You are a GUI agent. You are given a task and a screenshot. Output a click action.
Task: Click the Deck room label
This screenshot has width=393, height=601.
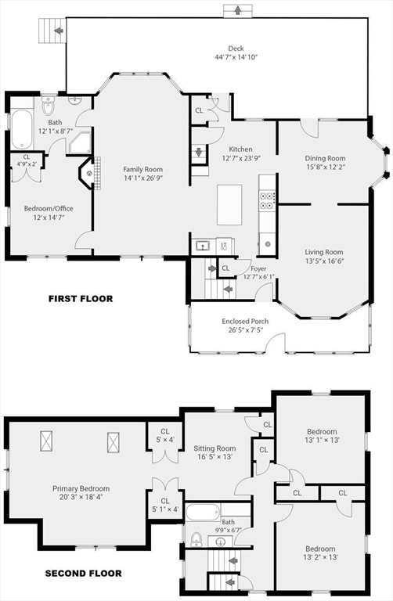[x=236, y=49]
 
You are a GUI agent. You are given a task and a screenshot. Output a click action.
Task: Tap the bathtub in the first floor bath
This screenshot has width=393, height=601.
[x=21, y=129]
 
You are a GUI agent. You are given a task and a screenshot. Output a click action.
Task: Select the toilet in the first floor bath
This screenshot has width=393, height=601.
[x=49, y=106]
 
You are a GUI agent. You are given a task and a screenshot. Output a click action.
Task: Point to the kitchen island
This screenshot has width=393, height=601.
[x=229, y=205]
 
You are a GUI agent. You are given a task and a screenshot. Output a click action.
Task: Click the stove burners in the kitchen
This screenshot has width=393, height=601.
[x=268, y=201]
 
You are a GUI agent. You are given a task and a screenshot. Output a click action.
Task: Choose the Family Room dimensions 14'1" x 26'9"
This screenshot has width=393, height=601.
[x=143, y=178]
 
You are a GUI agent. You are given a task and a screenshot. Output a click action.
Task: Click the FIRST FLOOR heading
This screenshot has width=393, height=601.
[x=81, y=299]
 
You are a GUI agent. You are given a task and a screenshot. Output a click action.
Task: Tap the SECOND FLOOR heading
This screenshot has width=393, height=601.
[x=84, y=574]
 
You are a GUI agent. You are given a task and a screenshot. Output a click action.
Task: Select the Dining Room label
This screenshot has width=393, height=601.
[x=325, y=158]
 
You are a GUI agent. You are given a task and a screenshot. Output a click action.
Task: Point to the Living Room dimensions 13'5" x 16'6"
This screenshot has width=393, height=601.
[x=324, y=261]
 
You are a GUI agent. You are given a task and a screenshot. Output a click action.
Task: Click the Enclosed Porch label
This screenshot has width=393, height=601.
[x=245, y=321]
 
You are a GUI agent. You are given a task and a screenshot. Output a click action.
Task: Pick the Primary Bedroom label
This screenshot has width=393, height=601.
[x=81, y=488]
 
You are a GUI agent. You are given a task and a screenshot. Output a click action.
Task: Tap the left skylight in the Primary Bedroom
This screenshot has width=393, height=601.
[x=46, y=441]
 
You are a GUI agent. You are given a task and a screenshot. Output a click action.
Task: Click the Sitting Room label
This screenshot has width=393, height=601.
[x=215, y=448]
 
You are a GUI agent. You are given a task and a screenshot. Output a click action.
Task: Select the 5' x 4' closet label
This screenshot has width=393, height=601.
[x=165, y=440]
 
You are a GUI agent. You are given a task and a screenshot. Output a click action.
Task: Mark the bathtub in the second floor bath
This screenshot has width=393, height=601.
[x=204, y=513]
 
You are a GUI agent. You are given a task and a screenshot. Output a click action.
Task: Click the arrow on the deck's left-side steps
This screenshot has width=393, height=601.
[x=59, y=31]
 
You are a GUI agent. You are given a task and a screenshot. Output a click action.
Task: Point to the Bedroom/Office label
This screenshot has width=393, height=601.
[x=49, y=208]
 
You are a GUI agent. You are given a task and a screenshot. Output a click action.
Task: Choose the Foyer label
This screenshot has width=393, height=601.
[x=258, y=268]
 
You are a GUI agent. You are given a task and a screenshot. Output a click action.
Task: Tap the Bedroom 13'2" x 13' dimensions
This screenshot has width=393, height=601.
[x=320, y=557]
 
